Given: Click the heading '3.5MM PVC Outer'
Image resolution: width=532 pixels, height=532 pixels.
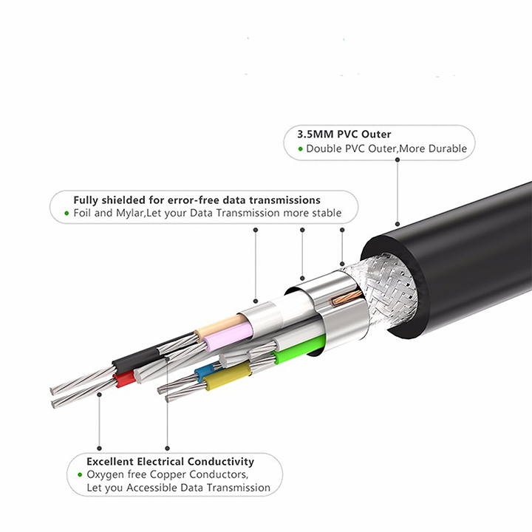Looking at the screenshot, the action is [x=344, y=134].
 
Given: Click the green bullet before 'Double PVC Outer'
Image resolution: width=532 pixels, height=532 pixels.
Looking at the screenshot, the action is [x=300, y=149].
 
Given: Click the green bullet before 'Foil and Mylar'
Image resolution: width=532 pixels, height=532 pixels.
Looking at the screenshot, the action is [x=66, y=214].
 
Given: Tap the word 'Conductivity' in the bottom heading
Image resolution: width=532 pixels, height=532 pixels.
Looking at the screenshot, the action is [x=220, y=462].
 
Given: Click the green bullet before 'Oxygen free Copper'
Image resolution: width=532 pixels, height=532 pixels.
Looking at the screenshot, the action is [x=80, y=474].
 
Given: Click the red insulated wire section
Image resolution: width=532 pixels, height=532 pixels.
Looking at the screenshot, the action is [x=124, y=378].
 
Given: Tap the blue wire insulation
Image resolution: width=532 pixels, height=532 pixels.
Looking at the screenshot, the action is [x=203, y=372].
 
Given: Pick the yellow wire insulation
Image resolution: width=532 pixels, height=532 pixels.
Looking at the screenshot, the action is [x=228, y=376].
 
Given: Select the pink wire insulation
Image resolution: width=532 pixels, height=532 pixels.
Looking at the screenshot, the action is [x=228, y=337].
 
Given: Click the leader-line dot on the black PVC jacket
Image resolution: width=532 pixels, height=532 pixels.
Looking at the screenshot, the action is [x=398, y=224].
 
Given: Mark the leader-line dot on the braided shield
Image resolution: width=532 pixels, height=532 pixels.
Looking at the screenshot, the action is [x=342, y=264].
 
